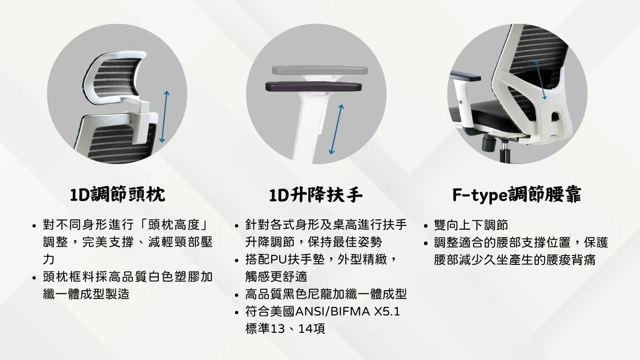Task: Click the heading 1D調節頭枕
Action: (118, 195)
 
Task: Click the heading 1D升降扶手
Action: (316, 195)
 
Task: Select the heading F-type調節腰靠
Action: (517, 195)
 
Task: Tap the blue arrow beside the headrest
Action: (164, 117)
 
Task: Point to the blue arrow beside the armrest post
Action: (336, 129)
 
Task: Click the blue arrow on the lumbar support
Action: (541, 80)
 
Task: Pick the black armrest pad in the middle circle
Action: (313, 87)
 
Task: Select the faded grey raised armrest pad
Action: (320, 70)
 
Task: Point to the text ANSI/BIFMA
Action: (333, 311)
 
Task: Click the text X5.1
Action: (387, 311)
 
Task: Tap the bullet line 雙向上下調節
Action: (471, 225)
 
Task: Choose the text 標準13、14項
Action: (285, 329)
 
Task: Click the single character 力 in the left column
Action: (49, 259)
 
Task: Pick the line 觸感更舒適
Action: (276, 277)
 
